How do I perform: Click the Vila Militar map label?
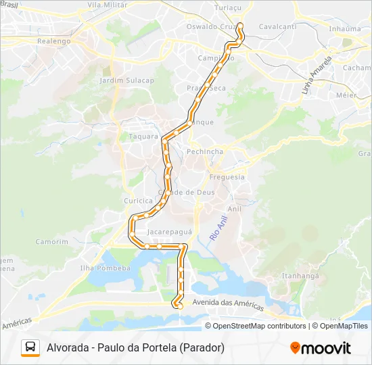coord(108,5)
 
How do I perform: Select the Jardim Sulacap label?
coord(126,80)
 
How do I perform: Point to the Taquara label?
coord(143,136)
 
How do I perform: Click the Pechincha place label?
coord(204,151)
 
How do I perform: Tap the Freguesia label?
coord(227,177)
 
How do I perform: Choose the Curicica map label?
coord(139,201)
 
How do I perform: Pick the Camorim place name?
coord(52,241)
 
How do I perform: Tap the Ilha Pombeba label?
coord(105,268)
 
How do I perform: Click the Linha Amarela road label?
coord(317,75)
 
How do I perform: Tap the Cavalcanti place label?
coord(277,26)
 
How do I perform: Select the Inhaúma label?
coord(344,29)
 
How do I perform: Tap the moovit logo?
coord(321,348)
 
